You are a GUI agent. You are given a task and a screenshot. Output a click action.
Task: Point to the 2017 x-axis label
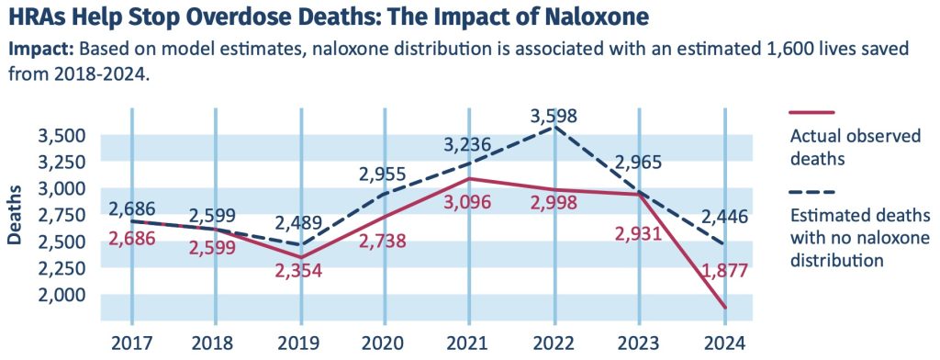[130, 343]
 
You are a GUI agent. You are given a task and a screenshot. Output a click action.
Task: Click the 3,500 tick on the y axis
[61, 136]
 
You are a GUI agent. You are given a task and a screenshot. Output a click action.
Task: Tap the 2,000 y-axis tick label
[61, 296]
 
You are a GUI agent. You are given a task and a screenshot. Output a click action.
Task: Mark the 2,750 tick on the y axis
[61, 216]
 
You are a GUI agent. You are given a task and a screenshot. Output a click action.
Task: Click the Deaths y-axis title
[16, 216]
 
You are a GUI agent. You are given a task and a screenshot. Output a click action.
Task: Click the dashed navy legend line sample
[811, 192]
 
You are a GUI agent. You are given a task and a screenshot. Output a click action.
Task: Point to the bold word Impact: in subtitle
[42, 51]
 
